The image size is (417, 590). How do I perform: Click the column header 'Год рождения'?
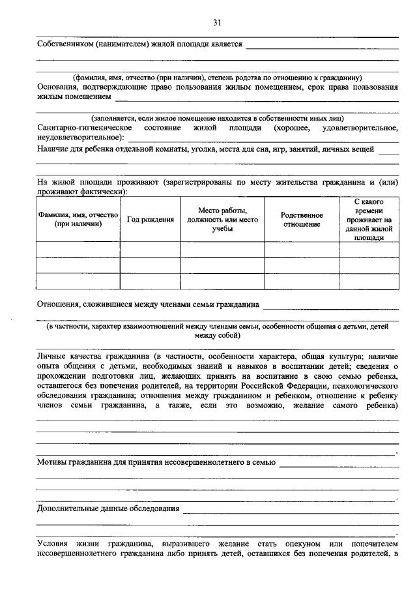(x=150, y=220)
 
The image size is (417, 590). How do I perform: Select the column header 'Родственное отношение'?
(x=302, y=220)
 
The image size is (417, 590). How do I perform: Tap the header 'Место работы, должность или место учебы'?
(x=222, y=220)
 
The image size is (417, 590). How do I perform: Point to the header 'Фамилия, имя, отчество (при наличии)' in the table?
(x=78, y=220)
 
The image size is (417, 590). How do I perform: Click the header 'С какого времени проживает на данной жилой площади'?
(x=369, y=220)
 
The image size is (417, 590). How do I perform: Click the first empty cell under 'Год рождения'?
(x=150, y=250)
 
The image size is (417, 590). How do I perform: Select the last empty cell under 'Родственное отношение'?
(x=302, y=282)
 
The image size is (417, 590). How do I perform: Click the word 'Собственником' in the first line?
(x=65, y=44)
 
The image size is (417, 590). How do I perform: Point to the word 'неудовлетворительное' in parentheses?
(x=78, y=138)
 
